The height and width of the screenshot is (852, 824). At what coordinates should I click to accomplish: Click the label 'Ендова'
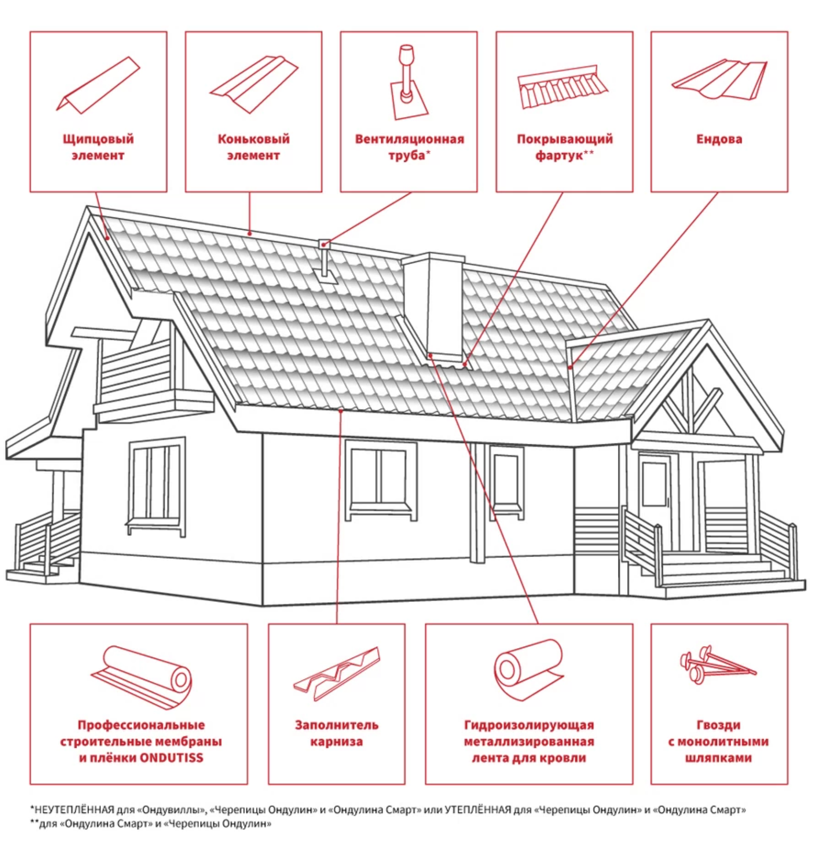pos(719,139)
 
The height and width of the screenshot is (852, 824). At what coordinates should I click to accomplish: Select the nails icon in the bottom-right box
pos(717,662)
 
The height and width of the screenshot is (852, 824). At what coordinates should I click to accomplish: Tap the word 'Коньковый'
pos(253,139)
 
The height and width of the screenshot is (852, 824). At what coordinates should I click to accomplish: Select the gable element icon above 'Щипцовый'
pos(98,85)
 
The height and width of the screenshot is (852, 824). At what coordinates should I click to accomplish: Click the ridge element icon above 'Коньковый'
pos(254,84)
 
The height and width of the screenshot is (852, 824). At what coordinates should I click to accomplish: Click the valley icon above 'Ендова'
pos(719,80)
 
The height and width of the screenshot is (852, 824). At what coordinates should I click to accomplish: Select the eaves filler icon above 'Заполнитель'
pos(336,673)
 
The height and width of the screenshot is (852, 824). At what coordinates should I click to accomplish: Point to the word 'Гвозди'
pos(718,725)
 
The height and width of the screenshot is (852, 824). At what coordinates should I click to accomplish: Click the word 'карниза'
pos(336,742)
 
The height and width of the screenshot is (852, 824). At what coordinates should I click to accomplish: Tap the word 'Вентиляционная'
pos(409,139)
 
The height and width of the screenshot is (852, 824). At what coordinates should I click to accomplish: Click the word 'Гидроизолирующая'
pos(529,725)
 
